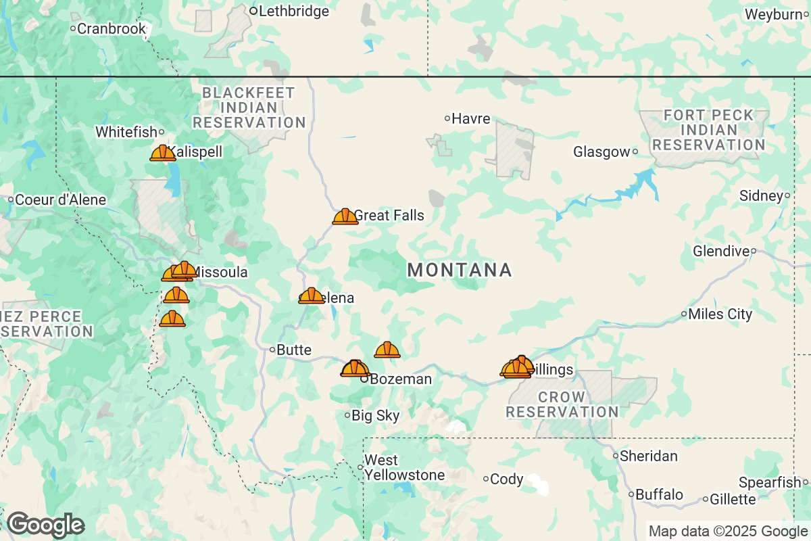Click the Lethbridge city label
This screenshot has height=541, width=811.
pyautogui.click(x=294, y=11)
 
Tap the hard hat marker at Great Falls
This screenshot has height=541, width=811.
pyautogui.click(x=345, y=216)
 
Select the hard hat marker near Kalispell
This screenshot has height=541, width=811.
pyautogui.click(x=162, y=153)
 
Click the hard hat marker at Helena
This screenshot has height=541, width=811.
pyautogui.click(x=311, y=296)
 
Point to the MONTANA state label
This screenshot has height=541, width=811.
pyautogui.click(x=460, y=270)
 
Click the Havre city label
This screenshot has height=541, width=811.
pyautogui.click(x=470, y=118)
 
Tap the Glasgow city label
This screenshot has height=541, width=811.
pyautogui.click(x=601, y=152)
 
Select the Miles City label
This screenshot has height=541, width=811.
pyautogui.click(x=720, y=314)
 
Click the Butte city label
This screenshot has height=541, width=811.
pyautogui.click(x=295, y=350)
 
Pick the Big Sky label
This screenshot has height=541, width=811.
pyautogui.click(x=376, y=416)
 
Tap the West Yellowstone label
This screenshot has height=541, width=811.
pyautogui.click(x=404, y=468)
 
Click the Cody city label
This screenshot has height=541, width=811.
pyautogui.click(x=507, y=479)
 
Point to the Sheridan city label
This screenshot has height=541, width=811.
pyautogui.click(x=649, y=456)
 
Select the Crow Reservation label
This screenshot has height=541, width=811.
pyautogui.click(x=562, y=404)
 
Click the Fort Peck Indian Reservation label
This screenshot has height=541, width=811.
pyautogui.click(x=708, y=130)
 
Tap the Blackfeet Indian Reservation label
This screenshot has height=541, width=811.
pyautogui.click(x=249, y=108)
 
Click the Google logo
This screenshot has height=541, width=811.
pyautogui.click(x=45, y=525)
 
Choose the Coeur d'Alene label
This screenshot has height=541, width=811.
pyautogui.click(x=60, y=200)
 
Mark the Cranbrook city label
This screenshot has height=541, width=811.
pyautogui.click(x=112, y=28)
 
